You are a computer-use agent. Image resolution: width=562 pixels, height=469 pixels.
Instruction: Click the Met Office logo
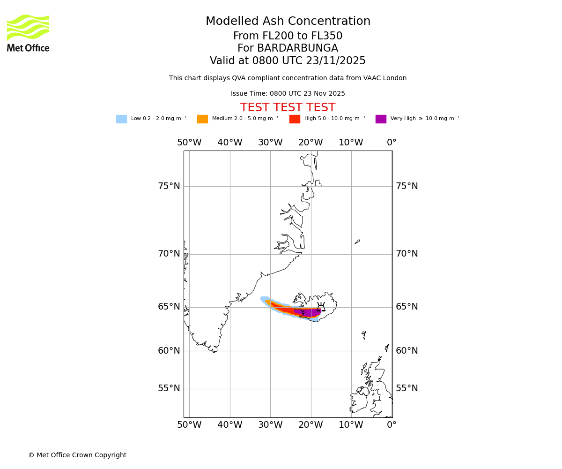pyautogui.click(x=28, y=33)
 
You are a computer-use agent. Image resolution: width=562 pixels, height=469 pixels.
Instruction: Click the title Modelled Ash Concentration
pyautogui.click(x=288, y=22)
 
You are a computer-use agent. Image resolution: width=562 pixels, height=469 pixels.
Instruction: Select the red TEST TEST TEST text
pyautogui.click(x=288, y=108)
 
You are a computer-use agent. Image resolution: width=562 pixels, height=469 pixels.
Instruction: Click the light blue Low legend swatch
pyautogui.click(x=121, y=119)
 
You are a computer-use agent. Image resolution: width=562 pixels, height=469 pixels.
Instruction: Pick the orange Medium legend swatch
pyautogui.click(x=202, y=119)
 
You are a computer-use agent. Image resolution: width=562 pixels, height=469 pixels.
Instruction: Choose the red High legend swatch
pyautogui.click(x=295, y=119)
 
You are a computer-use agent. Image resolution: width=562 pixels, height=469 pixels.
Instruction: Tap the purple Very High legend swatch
pyautogui.click(x=381, y=119)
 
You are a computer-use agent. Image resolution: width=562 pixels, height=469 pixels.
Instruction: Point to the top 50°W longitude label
pyautogui.click(x=189, y=143)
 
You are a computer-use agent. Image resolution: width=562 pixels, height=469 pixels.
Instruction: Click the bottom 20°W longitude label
pyautogui.click(x=311, y=425)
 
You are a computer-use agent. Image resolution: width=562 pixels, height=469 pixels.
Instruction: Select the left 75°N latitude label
pyautogui.click(x=169, y=186)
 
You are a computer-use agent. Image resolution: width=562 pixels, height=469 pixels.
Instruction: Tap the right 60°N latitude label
pyautogui.click(x=407, y=351)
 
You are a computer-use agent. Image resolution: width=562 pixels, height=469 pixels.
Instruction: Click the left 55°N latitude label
pyautogui.click(x=169, y=388)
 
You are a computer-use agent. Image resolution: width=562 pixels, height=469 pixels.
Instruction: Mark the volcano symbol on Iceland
pyautogui.click(x=321, y=307)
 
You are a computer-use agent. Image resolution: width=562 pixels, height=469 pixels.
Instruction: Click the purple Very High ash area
pyautogui.click(x=309, y=312)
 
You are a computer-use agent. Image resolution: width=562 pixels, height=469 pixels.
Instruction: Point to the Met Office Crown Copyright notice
pyautogui.click(x=77, y=455)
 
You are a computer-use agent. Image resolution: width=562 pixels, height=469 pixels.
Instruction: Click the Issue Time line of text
pyautogui.click(x=288, y=94)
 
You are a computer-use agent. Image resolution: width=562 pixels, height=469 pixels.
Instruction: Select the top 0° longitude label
pyautogui.click(x=392, y=143)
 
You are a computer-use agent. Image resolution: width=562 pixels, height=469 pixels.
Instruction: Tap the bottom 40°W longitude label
pyautogui.click(x=229, y=425)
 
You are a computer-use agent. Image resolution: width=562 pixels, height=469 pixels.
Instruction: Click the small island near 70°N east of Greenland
pyautogui.click(x=357, y=242)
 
